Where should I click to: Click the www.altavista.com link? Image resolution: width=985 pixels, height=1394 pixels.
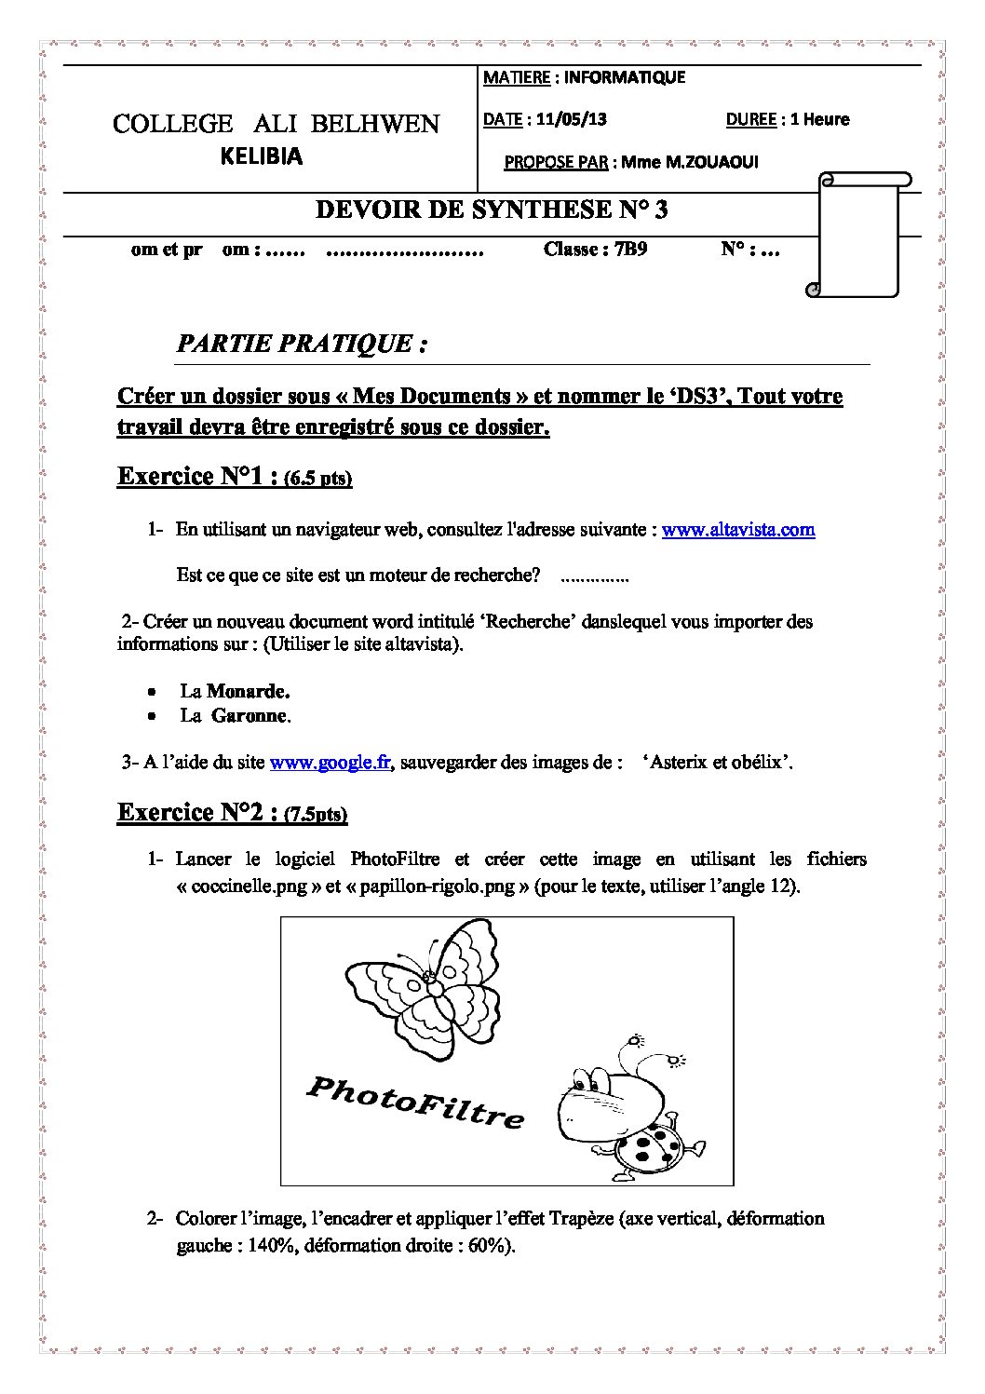coord(738,530)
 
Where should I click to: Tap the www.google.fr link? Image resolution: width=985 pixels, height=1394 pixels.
coord(331,763)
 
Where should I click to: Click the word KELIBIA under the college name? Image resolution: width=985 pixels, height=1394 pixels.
coord(262,156)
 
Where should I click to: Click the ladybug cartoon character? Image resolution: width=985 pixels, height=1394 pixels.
coord(619,1106)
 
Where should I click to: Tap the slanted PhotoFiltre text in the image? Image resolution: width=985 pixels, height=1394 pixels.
coord(415,1102)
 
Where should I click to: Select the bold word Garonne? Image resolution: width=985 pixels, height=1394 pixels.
coord(250,715)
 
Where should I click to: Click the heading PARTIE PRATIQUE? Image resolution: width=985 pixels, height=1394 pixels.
coord(302,344)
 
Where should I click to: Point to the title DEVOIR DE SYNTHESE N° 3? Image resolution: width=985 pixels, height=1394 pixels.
coord(492,210)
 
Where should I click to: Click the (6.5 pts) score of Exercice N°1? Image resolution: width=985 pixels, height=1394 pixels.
coord(318,479)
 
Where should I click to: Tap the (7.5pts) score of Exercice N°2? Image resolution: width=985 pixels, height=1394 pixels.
coord(317,815)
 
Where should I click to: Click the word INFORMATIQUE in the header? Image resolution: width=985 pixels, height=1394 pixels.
coord(624,77)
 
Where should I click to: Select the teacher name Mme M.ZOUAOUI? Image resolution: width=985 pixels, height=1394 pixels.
coord(690,162)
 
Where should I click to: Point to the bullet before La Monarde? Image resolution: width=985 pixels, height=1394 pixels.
coord(151,692)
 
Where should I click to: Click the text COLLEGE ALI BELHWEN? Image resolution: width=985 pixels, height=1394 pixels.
coord(276,124)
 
